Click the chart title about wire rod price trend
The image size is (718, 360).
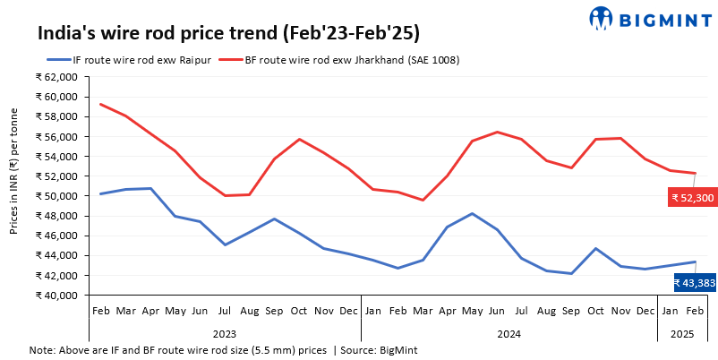[x=228, y=33]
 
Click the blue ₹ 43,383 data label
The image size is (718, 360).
[x=694, y=283]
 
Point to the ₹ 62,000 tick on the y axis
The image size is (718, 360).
[x=56, y=77]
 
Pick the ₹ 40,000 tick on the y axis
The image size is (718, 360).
[x=56, y=295]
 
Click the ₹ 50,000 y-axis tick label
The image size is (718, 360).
[x=56, y=196]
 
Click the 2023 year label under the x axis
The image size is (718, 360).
[x=224, y=333]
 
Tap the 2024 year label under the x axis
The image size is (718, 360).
[x=508, y=333]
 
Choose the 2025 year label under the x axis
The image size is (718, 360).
[x=681, y=333]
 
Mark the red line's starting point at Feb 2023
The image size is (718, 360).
[x=100, y=104]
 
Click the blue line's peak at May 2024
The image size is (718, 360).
[x=471, y=213]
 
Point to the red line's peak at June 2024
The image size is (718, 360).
[x=497, y=132]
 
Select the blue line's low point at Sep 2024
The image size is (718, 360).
[x=570, y=273]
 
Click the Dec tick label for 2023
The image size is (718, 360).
[x=347, y=309]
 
